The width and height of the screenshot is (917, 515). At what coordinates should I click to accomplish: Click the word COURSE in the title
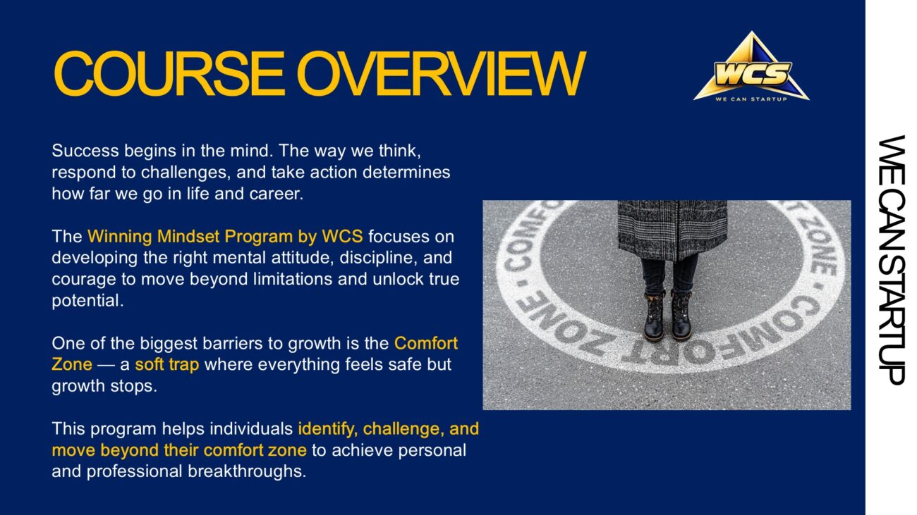169,73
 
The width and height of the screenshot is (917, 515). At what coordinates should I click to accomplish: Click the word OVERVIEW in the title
442,73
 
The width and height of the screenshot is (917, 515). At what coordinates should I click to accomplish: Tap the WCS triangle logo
751,66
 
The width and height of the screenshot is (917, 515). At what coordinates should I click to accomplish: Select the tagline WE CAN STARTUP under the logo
751,99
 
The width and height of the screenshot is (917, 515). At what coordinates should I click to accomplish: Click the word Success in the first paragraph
85,151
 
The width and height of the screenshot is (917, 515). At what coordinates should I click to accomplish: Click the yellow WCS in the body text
342,236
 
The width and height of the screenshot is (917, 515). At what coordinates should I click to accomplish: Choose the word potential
87,301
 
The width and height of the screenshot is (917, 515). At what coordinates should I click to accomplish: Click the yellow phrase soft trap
167,365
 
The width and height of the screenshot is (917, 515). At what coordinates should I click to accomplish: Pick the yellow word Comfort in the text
426,343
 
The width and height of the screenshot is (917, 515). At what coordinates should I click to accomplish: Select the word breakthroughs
247,471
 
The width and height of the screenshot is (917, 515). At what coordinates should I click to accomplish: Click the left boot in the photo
654,315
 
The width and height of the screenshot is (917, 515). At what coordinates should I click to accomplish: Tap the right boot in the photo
681,315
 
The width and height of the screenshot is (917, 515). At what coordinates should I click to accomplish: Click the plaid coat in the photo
672,230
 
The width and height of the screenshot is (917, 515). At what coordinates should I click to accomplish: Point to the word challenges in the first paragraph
184,173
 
